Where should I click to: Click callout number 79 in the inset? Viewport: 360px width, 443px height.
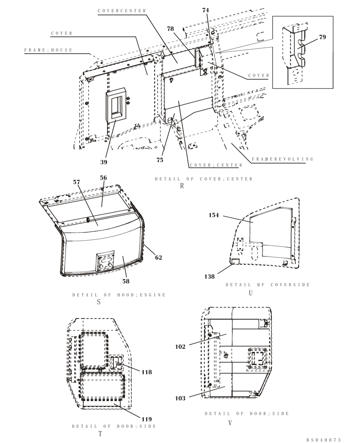pyautogui.click(x=322, y=37)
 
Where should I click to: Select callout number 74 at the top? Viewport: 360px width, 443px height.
pyautogui.click(x=205, y=10)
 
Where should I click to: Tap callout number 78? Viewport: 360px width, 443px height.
pyautogui.click(x=170, y=29)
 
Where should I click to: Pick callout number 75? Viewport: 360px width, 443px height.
pyautogui.click(x=160, y=160)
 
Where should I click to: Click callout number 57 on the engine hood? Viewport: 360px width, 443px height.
pyautogui.click(x=77, y=182)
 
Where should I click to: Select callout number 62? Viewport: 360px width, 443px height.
pyautogui.click(x=158, y=257)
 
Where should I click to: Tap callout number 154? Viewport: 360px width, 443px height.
pyautogui.click(x=214, y=215)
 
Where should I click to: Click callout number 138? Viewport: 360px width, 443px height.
pyautogui.click(x=209, y=276)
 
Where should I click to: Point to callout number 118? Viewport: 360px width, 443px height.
pyautogui.click(x=146, y=372)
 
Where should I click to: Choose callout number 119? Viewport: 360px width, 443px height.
pyautogui.click(x=147, y=419)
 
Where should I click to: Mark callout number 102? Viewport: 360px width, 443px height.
pyautogui.click(x=180, y=347)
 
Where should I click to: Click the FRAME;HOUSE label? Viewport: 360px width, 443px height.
pyautogui.click(x=48, y=51)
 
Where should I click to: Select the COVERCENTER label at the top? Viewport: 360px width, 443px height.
pyautogui.click(x=122, y=11)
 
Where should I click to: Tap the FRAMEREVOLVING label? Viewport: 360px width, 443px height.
pyautogui.click(x=282, y=159)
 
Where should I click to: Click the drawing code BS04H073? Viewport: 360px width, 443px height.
pyautogui.click(x=324, y=440)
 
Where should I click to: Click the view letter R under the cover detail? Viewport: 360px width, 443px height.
pyautogui.click(x=182, y=187)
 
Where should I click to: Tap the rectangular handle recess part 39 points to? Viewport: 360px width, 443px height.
pyautogui.click(x=116, y=106)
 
